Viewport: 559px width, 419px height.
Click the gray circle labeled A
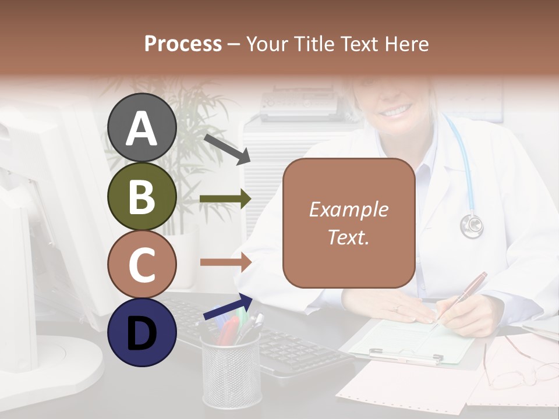[142, 128]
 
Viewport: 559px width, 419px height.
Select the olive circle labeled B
[142, 197]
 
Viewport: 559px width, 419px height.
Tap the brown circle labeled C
[142, 265]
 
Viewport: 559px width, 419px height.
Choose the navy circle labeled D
[142, 333]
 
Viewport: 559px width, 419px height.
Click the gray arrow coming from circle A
[227, 148]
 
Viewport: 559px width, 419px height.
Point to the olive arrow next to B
[225, 199]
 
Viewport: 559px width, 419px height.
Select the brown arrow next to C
[225, 262]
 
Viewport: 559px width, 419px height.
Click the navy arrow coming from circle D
[228, 307]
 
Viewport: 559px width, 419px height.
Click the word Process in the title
[183, 44]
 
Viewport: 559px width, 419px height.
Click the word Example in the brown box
[348, 210]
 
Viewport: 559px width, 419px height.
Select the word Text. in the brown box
[348, 237]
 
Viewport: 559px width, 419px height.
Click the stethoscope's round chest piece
[472, 226]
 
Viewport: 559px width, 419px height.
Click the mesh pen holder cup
[231, 372]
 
